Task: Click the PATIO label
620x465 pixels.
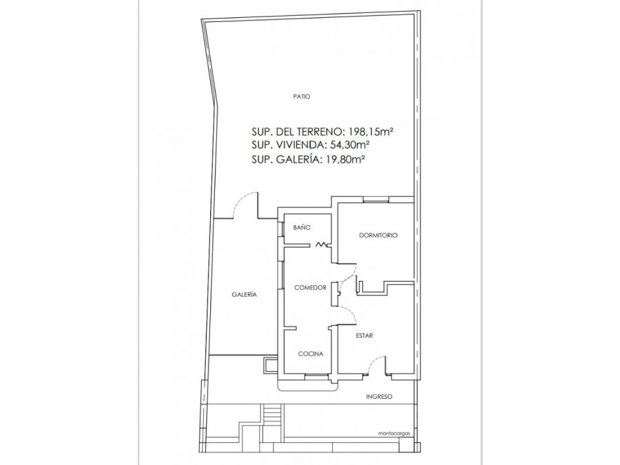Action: (x=302, y=96)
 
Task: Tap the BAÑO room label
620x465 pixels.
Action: (x=302, y=228)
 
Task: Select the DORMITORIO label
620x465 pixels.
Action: (x=378, y=236)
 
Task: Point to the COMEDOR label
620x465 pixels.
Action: (x=311, y=288)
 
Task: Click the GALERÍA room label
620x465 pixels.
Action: (x=244, y=295)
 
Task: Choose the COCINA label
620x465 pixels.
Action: (x=311, y=354)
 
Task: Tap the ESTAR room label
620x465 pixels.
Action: (x=364, y=335)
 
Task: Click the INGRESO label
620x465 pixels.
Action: (x=379, y=397)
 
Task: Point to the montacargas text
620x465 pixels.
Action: (x=394, y=433)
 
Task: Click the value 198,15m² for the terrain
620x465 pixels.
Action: (x=371, y=132)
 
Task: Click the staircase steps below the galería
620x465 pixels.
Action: (x=271, y=415)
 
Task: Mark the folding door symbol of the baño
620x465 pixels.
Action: (x=323, y=245)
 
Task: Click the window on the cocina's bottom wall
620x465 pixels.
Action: (x=317, y=374)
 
